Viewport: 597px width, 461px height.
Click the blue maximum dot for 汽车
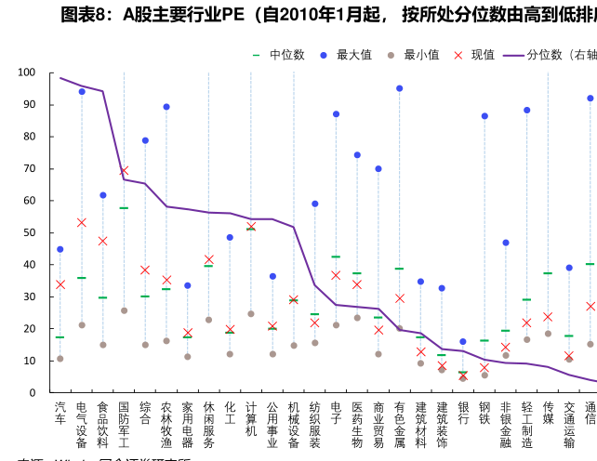click(60, 249)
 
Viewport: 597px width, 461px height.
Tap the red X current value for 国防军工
click(124, 171)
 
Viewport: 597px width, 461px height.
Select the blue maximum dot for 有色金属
click(400, 88)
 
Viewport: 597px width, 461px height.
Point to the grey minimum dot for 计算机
click(251, 313)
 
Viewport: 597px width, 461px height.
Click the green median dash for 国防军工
click(124, 208)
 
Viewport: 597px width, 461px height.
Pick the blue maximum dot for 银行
click(463, 342)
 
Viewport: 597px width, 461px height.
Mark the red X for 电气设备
click(82, 222)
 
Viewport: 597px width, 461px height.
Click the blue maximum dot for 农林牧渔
click(166, 107)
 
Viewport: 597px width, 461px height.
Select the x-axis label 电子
click(336, 414)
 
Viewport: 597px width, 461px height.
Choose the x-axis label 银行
click(463, 414)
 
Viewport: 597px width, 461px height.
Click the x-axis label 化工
click(230, 414)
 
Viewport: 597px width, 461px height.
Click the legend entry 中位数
click(280, 55)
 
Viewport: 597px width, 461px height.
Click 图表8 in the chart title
click(86, 14)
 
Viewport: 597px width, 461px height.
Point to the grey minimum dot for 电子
click(336, 324)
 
